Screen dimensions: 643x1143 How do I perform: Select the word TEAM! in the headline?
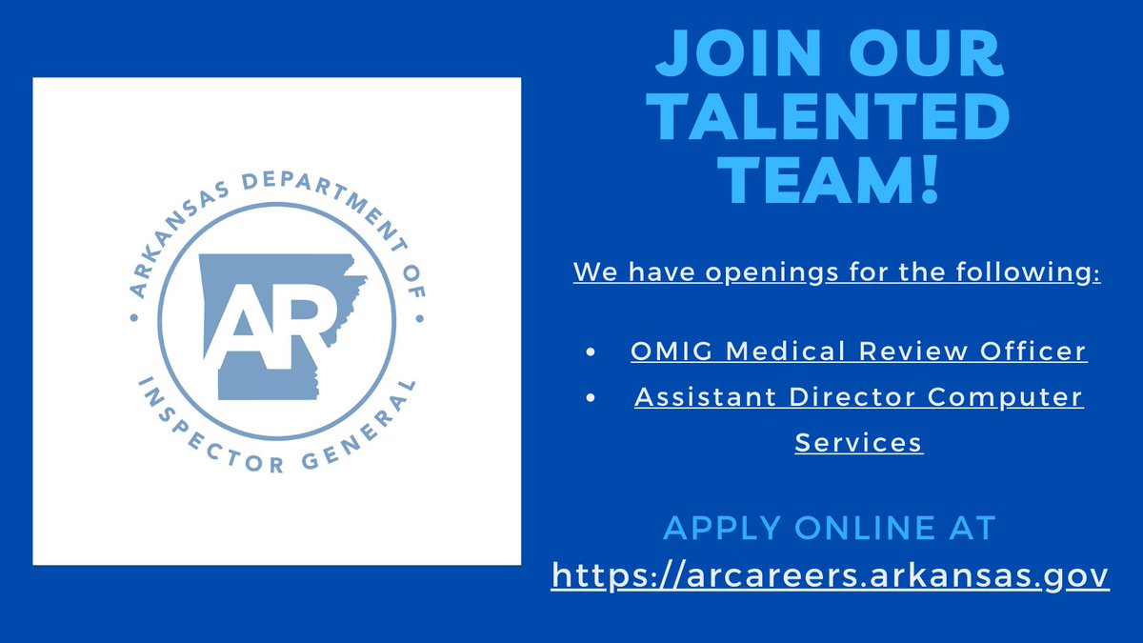830,180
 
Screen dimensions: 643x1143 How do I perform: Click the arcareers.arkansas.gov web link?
830,575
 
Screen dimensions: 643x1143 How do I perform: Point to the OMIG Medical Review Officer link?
858,351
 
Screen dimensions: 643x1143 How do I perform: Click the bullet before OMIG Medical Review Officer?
592,352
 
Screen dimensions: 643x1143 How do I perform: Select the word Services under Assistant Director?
858,442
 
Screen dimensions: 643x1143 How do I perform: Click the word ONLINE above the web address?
857,527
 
